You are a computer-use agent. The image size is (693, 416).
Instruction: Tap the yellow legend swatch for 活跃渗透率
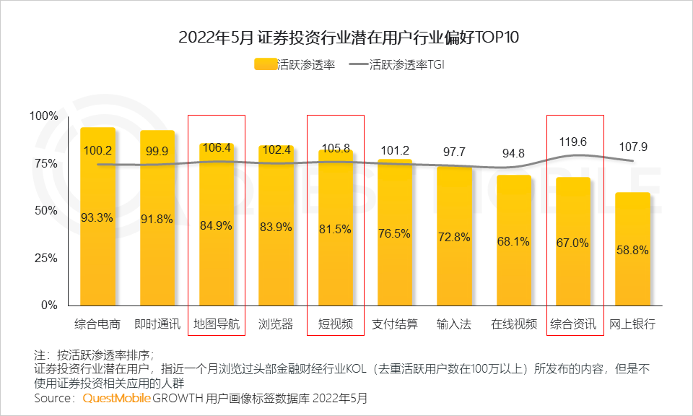(265, 65)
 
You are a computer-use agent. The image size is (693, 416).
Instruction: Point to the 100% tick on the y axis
(43, 116)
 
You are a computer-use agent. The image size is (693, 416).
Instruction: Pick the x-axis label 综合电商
(97, 324)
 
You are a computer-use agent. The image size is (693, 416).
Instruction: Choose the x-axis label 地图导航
(216, 324)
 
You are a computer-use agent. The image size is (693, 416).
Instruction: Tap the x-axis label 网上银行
(632, 324)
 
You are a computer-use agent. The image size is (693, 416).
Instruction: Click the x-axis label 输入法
(454, 324)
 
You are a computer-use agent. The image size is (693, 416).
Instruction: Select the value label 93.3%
(97, 217)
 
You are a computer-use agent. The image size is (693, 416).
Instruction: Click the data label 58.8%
(632, 251)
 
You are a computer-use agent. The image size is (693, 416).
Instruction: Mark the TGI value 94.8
(513, 152)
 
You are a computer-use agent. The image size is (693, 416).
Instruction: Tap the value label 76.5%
(395, 233)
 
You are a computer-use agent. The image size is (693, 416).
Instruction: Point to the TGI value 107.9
(632, 147)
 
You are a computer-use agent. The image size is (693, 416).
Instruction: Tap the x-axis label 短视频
(335, 324)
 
